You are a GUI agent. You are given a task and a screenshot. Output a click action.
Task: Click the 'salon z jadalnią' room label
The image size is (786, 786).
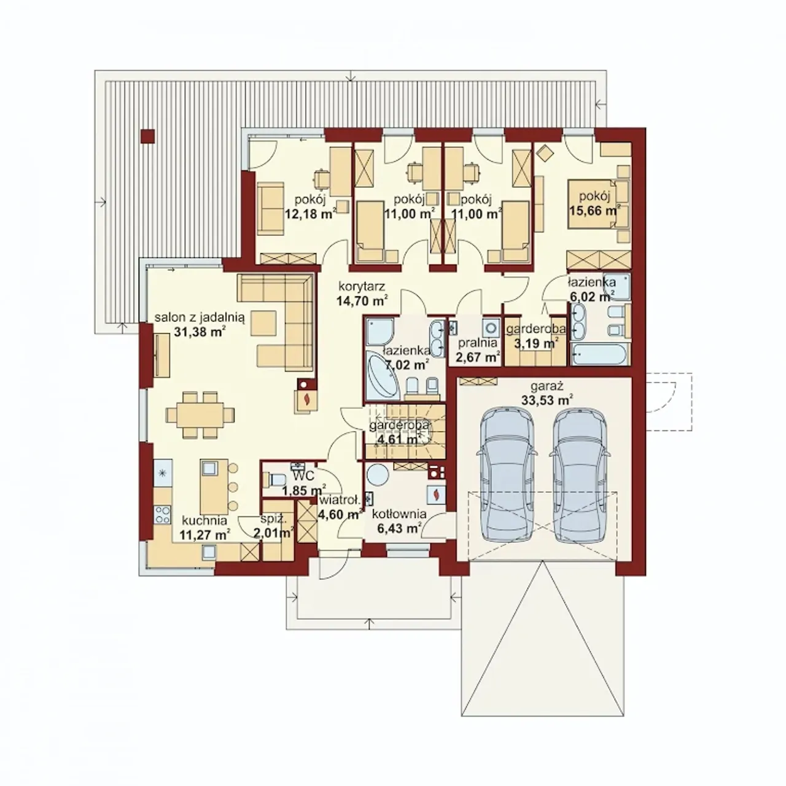click(x=200, y=317)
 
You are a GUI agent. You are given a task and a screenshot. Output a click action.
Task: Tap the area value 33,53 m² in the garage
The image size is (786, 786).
click(x=547, y=400)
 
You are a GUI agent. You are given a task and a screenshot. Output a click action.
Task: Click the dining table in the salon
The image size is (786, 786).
click(x=200, y=415)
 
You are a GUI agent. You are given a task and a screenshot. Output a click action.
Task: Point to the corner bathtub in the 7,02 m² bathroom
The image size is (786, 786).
click(x=384, y=378)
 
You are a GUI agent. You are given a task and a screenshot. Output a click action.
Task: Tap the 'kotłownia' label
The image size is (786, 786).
click(x=399, y=514)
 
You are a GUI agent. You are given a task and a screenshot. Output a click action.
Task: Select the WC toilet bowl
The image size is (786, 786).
click(x=272, y=480)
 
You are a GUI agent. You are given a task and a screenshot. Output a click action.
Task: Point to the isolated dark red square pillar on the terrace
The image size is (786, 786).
click(x=147, y=136)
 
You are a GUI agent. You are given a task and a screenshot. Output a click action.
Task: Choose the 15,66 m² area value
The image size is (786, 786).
click(x=595, y=211)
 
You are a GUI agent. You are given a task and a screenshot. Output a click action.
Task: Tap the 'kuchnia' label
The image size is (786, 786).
click(x=204, y=521)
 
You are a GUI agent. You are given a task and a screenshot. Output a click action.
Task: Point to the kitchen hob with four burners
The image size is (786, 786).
click(x=163, y=515)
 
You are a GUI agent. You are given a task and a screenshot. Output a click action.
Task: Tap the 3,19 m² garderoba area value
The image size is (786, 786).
click(x=536, y=343)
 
